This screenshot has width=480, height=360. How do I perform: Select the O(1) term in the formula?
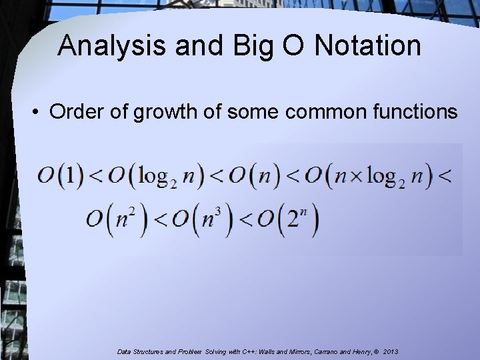click(61, 177)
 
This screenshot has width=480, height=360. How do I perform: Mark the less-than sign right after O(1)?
click(95, 177)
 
